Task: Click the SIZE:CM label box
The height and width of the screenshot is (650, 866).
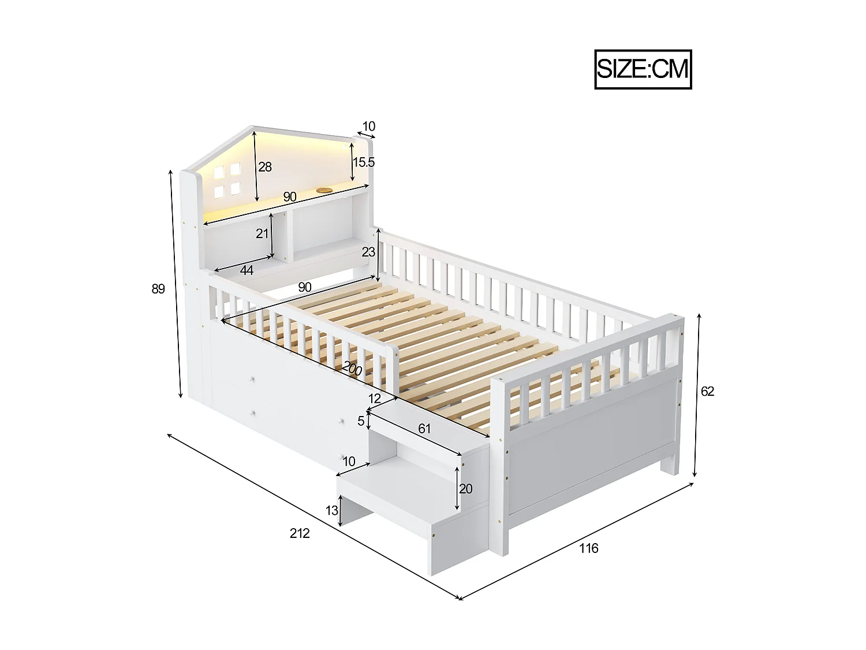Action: click(x=643, y=69)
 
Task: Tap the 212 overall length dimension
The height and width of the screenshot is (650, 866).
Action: click(x=300, y=533)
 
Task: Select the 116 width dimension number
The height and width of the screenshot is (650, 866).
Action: click(x=589, y=548)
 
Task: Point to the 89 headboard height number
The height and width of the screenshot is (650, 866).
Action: click(x=158, y=289)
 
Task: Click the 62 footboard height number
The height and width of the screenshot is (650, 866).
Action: click(x=707, y=392)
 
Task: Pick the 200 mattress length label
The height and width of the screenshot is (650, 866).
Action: click(x=352, y=368)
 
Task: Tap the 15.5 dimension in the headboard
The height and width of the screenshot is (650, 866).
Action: click(x=364, y=162)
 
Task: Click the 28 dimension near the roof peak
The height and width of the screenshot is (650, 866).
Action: click(x=265, y=167)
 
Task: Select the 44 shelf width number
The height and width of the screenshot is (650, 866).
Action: click(x=247, y=270)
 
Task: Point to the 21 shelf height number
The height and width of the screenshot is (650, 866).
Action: click(x=263, y=234)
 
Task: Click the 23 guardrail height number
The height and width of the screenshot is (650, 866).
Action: click(x=368, y=252)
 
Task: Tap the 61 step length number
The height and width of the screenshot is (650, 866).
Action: click(x=424, y=428)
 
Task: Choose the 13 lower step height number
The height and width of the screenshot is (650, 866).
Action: click(x=332, y=510)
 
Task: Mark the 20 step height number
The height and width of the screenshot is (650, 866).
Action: click(x=465, y=489)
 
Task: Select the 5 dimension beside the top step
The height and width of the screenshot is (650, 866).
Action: click(x=361, y=421)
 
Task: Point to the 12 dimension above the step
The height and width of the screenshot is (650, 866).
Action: click(x=375, y=398)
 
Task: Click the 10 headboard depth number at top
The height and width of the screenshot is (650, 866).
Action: click(x=368, y=126)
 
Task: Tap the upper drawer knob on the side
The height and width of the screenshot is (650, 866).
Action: click(x=253, y=379)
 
